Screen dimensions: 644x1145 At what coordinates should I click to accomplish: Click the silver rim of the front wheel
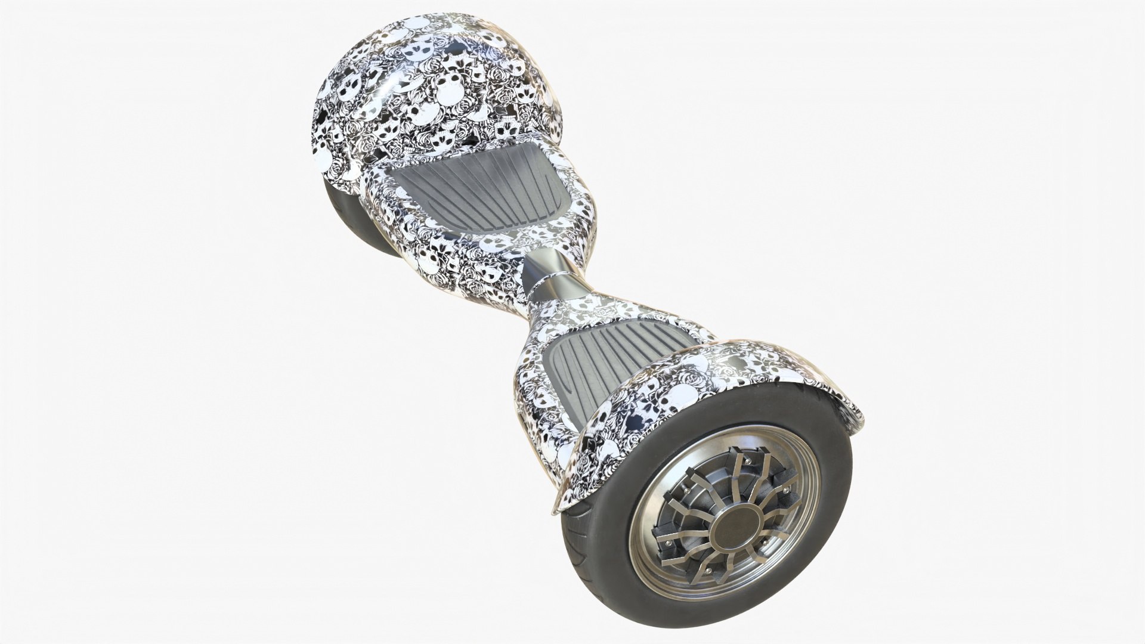tap(650, 572)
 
